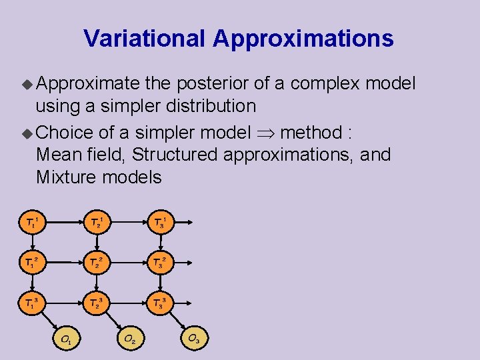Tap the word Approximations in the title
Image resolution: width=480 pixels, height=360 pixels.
[303, 39]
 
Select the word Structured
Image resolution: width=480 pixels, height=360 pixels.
[175, 155]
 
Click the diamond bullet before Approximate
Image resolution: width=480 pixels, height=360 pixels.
[27, 84]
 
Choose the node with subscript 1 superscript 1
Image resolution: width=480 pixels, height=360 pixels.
[32, 222]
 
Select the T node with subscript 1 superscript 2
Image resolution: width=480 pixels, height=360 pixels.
[32, 263]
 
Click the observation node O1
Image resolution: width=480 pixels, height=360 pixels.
[67, 339]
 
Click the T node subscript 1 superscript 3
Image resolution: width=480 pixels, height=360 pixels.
[32, 303]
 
